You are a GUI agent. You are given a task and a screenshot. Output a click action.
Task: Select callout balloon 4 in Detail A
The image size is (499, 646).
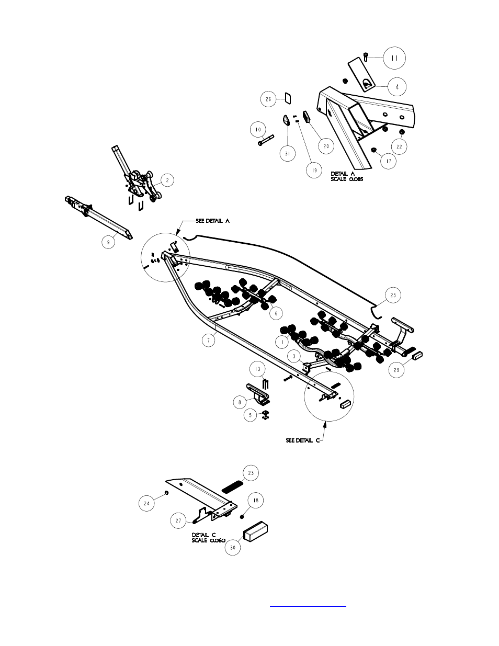point(396,87)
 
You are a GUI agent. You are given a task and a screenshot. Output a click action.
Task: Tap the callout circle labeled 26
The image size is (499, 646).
point(268,99)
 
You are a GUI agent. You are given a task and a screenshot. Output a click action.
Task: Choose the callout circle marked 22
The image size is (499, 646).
point(399,147)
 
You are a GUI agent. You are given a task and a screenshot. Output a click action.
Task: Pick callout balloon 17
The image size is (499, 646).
point(388,162)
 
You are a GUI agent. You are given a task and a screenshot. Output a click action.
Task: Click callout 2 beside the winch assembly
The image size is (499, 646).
point(166,180)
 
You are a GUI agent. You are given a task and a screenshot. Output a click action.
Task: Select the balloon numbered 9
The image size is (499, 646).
point(109,242)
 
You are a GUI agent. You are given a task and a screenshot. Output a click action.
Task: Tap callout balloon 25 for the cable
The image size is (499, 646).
point(393,296)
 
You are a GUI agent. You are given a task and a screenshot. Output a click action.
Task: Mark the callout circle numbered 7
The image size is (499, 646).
point(208,341)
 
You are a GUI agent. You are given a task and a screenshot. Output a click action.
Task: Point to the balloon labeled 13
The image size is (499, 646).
point(257,369)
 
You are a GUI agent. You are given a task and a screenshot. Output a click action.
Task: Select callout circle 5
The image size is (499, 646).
point(251,415)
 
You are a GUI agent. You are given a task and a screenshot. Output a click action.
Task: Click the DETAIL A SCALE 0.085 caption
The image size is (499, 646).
point(347,176)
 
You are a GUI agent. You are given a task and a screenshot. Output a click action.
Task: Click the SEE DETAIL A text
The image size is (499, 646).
point(212,221)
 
